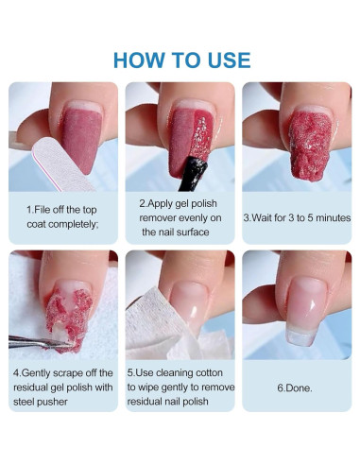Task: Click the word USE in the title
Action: pyautogui.click(x=230, y=60)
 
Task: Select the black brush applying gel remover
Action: pyautogui.click(x=193, y=173)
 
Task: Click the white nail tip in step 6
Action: pyautogui.click(x=300, y=336)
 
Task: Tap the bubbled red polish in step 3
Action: pyautogui.click(x=310, y=145)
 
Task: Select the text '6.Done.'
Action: pyautogui.click(x=295, y=387)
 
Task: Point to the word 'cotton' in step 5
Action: pyautogui.click(x=209, y=372)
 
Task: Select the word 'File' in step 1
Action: pyautogui.click(x=43, y=210)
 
